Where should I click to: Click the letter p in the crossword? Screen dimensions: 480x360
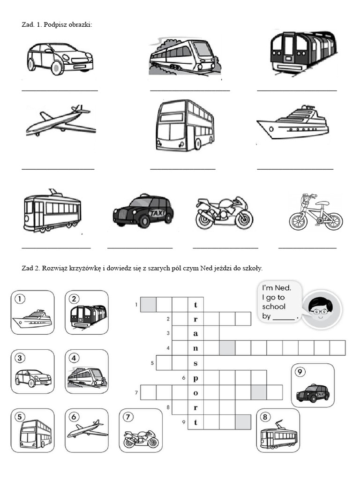click(x=195, y=377)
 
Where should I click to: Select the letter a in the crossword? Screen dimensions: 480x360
click(x=195, y=334)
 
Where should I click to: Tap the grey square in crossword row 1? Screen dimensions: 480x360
click(x=148, y=305)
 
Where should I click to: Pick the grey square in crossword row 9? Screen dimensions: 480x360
click(x=243, y=422)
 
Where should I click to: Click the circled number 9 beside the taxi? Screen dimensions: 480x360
click(x=301, y=372)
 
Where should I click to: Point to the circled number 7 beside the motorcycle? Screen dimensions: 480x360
click(x=128, y=417)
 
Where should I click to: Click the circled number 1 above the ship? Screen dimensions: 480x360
click(x=20, y=299)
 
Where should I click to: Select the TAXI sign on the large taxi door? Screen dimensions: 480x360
click(x=157, y=213)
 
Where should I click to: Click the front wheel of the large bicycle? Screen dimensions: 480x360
click(x=334, y=220)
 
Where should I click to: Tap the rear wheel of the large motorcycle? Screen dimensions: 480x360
click(x=205, y=220)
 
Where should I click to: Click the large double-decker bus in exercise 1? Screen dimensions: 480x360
click(x=185, y=125)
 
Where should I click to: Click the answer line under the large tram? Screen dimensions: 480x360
click(x=56, y=247)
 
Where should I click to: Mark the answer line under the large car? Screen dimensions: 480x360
click(x=60, y=90)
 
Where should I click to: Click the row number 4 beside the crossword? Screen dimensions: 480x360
click(x=167, y=348)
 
